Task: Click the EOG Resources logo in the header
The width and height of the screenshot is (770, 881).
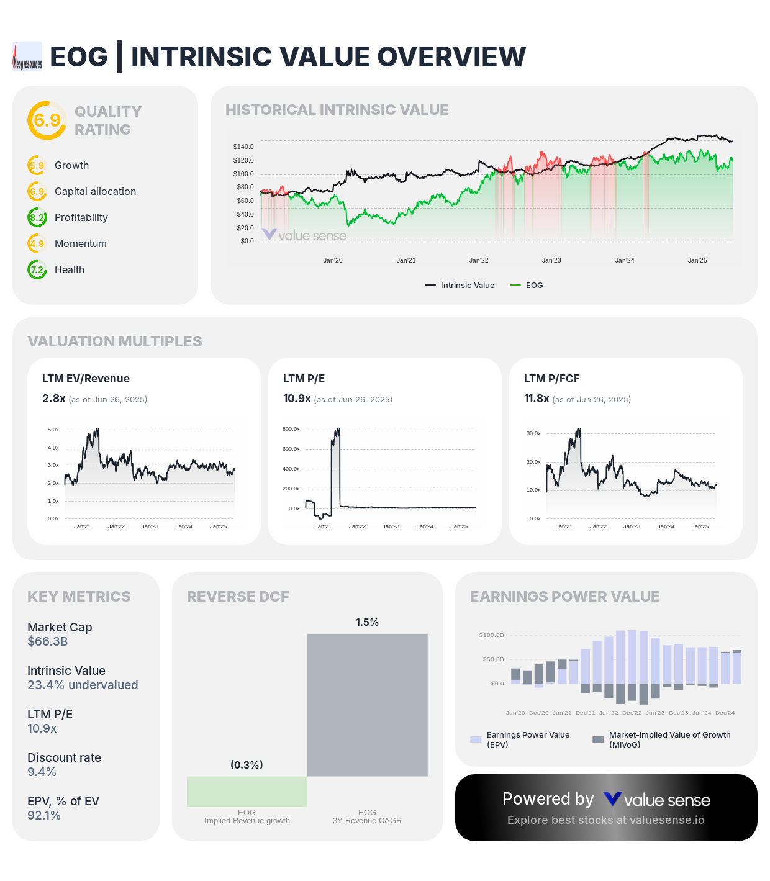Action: [27, 56]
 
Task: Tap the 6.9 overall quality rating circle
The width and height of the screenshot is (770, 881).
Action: [47, 120]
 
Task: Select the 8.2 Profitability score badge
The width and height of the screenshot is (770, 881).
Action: [37, 217]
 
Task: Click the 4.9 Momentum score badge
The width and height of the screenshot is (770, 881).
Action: [37, 243]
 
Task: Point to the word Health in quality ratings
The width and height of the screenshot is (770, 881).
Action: [70, 269]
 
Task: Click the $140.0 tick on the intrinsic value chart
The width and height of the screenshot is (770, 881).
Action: [243, 147]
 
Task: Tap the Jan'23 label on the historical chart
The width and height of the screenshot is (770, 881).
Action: [551, 260]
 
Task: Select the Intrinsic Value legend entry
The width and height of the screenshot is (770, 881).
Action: [460, 286]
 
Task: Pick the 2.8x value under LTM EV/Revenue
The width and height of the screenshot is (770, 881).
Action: [53, 399]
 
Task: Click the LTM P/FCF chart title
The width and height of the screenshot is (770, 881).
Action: [551, 379]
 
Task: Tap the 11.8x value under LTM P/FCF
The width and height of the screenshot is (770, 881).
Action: [537, 399]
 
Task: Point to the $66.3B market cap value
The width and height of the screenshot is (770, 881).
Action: [48, 641]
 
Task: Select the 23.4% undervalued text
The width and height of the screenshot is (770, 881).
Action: [83, 685]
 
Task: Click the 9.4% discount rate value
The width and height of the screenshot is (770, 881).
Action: [42, 772]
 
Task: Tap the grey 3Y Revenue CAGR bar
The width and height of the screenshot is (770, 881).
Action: [368, 705]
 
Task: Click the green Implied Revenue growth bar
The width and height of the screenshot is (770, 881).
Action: [247, 792]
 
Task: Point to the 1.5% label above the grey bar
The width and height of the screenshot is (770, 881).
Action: [367, 622]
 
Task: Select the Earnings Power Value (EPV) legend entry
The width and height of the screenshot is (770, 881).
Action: [521, 739]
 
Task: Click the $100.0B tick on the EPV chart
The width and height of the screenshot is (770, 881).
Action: [492, 635]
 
